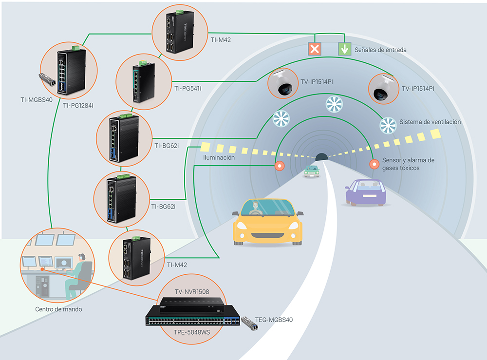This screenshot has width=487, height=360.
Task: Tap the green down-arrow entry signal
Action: [344, 49]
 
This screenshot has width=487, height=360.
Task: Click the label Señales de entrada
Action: [380, 50]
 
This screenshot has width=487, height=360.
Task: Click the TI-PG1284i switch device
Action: [72, 72]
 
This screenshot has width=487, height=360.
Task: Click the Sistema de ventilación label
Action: [430, 122]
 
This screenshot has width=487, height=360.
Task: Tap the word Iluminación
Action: [219, 158]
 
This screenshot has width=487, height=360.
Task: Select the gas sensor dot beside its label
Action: [374, 165]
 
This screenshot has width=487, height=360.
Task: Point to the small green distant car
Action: [311, 171]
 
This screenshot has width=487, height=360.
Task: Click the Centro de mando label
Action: [59, 309]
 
